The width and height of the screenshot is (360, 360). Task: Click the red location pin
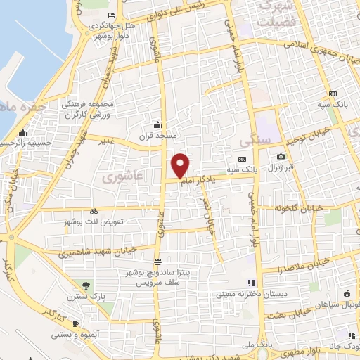point(181,165)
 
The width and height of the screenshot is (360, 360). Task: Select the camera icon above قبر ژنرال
point(281,156)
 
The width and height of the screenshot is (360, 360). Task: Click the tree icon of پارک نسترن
point(86,285)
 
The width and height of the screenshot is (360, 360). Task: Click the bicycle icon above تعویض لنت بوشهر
point(94,211)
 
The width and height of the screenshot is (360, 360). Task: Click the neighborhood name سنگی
point(250,140)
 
